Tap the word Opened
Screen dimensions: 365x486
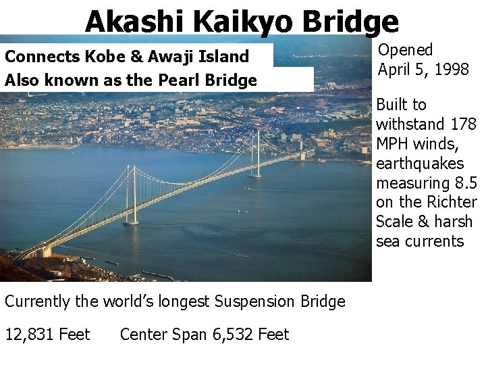[405, 49]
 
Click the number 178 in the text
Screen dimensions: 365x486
[462, 124]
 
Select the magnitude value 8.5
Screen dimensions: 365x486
[464, 183]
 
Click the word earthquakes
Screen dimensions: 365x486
[420, 164]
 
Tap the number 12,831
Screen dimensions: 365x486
[32, 335]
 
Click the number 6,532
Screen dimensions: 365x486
[231, 335]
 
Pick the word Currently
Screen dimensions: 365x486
[38, 301]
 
